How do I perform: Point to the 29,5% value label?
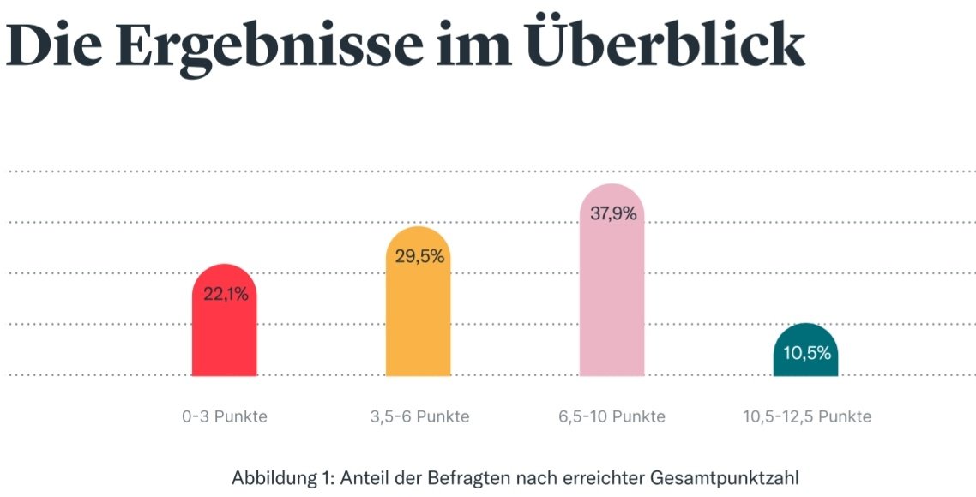point(419,256)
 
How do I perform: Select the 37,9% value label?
point(613,214)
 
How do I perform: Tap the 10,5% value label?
point(807,353)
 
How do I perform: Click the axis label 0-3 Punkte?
point(225,417)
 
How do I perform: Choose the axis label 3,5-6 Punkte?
point(419,417)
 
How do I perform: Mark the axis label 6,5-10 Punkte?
point(612,417)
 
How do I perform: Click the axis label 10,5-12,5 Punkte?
point(807,417)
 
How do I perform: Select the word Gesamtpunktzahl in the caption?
point(716,477)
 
